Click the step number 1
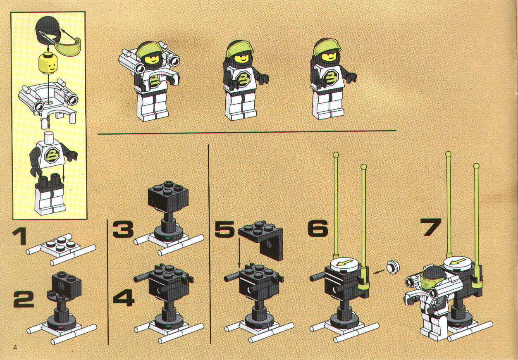click(20, 236)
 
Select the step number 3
click(123, 229)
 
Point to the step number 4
click(124, 298)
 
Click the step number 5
click(224, 229)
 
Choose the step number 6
click(317, 228)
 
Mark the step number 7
click(431, 227)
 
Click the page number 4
click(15, 348)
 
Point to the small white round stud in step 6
click(393, 267)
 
